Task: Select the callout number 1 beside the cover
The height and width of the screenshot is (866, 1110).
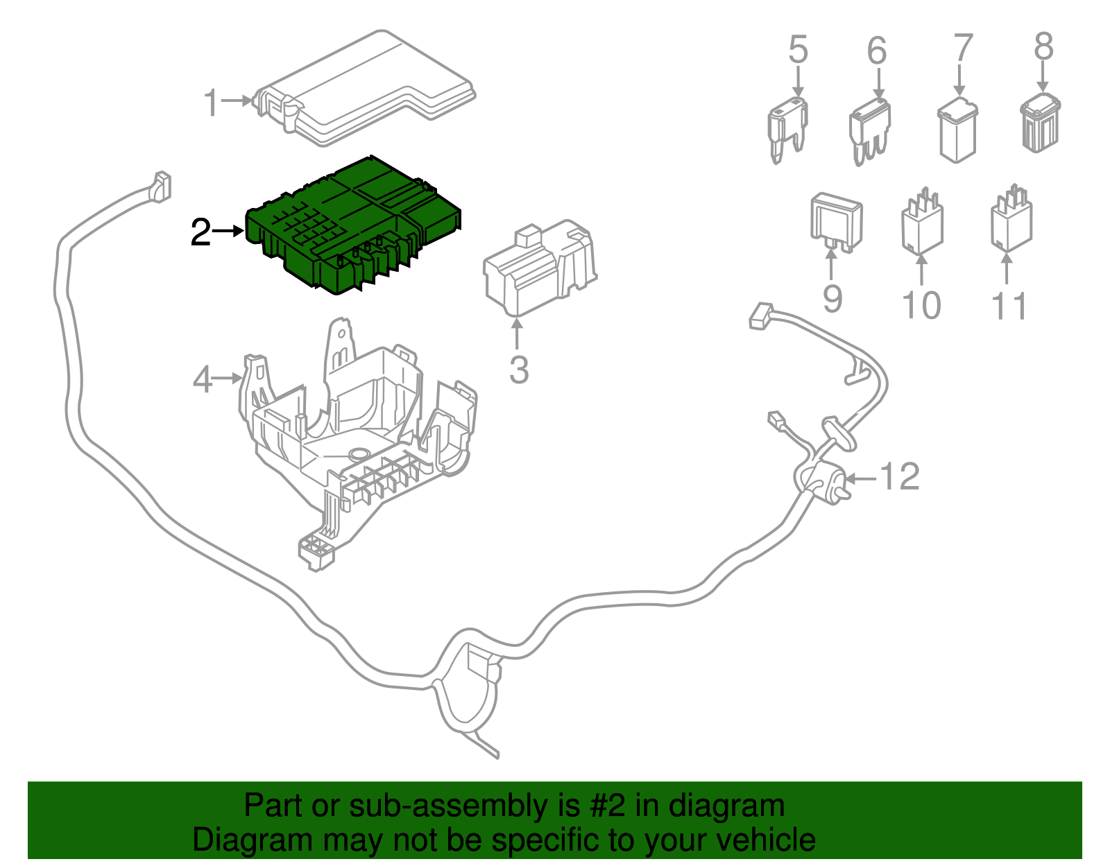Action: pos(212,103)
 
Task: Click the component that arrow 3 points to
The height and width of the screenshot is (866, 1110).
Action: pos(538,267)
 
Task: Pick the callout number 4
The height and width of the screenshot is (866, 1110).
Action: pos(202,380)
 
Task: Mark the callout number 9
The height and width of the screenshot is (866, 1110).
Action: pos(832,299)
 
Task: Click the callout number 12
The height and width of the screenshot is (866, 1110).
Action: pos(900,477)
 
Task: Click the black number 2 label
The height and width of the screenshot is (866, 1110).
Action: pos(200,232)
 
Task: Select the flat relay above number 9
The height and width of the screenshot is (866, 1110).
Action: pos(837,222)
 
